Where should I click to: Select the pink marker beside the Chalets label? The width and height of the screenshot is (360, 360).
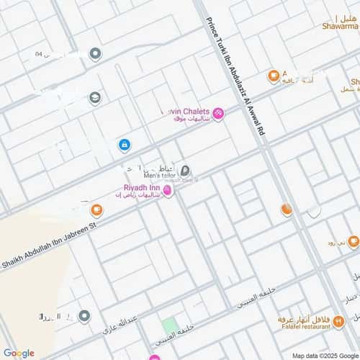pos(218,113)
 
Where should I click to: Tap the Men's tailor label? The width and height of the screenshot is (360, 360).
pos(160,175)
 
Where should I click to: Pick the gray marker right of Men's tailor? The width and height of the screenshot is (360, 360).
pos(185,171)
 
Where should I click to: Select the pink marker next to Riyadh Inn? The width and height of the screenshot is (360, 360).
pos(168,190)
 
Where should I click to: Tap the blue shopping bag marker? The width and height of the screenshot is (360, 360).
pos(125,145)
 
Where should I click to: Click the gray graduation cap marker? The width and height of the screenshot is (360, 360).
pos(95,98)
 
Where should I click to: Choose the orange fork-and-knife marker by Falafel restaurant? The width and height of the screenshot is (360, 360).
pos(339,324)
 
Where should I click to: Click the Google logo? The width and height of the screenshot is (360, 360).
pos(19,353)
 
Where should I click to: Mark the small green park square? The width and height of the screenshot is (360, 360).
pos(169,325)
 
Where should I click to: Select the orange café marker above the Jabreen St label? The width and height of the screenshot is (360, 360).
pos(96,210)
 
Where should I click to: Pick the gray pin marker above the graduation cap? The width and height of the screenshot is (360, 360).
pos(95,54)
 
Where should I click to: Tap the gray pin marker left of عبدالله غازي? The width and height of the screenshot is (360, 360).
pos(84,316)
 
